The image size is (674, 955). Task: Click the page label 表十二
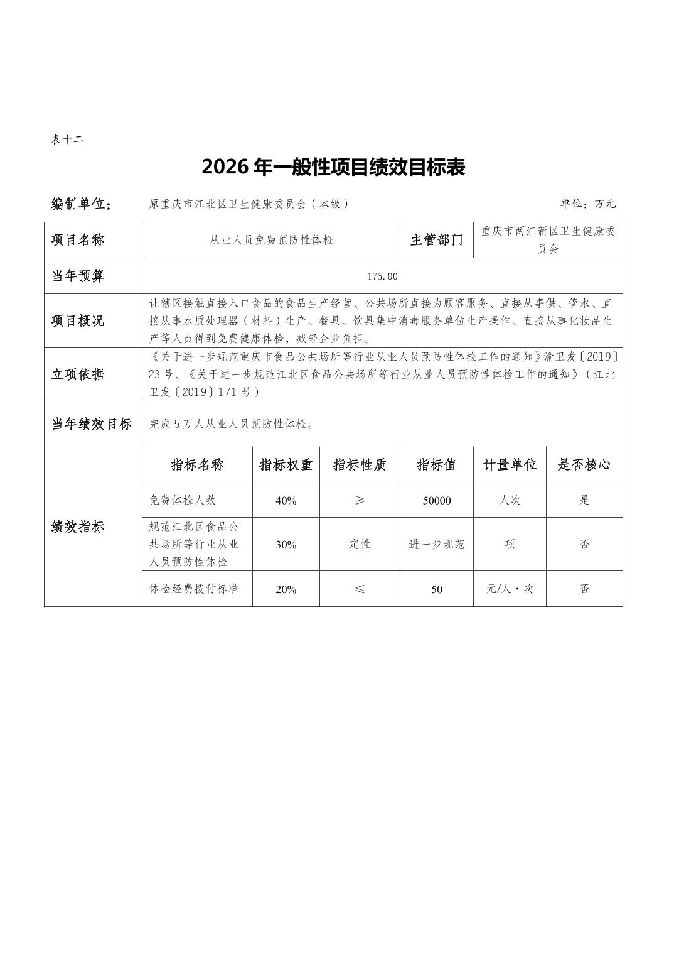pos(67,139)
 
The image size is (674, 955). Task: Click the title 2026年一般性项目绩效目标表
pos(333,168)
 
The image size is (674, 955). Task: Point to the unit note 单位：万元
pos(588,204)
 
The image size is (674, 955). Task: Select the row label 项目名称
pos(78,240)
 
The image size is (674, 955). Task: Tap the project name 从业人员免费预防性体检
pos(271,240)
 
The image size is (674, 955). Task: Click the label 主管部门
pos(437,240)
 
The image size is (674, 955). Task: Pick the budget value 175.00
pos(382,276)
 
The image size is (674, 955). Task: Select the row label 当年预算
pos(78,276)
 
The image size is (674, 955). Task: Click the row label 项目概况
pos(78,320)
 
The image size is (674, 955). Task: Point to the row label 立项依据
pos(78,374)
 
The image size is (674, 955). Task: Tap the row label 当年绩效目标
pos(92,424)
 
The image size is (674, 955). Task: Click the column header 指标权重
pos(286,465)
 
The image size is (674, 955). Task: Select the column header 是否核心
pos(584,465)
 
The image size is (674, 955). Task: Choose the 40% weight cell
pos(286,501)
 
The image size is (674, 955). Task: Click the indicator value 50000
pos(437,501)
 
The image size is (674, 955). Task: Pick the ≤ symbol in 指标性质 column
pos(360,589)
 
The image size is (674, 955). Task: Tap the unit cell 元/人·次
pos(510,589)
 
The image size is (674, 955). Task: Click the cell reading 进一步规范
pos(437,545)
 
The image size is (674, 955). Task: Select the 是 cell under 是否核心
pos(584,501)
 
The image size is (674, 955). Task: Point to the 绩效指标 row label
pos(78,527)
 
